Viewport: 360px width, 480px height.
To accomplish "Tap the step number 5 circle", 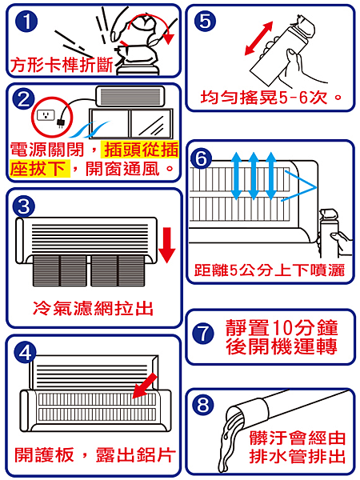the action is (x=205, y=21).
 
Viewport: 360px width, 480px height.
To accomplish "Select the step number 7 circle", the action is (x=203, y=333).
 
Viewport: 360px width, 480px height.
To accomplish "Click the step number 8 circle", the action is (x=203, y=405).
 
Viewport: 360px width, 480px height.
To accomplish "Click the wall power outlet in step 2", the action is (x=46, y=115).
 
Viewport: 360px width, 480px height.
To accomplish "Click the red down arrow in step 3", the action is (x=167, y=245).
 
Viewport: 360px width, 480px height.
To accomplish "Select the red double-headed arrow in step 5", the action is (x=258, y=38).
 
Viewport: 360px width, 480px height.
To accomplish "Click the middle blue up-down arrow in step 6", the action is (x=253, y=176).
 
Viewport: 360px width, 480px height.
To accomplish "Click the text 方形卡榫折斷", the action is (x=62, y=65).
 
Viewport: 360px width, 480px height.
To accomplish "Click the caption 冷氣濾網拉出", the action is (x=93, y=308).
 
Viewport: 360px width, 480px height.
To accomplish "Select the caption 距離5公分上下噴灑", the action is (x=270, y=270).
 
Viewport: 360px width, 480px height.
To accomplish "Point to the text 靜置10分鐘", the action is (x=282, y=327).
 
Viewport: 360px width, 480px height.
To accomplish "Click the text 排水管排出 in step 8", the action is (x=297, y=457).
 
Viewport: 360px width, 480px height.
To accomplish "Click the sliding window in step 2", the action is (x=131, y=124).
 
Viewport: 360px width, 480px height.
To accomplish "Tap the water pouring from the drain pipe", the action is (x=228, y=441).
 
